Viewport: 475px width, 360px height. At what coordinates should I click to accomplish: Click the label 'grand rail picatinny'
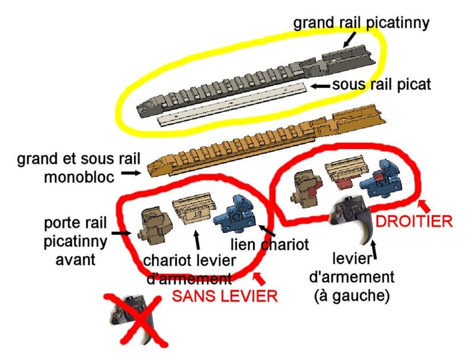[361, 24]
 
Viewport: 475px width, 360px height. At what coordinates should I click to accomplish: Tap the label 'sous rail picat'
[382, 85]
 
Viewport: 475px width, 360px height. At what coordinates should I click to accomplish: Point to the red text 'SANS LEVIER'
[225, 296]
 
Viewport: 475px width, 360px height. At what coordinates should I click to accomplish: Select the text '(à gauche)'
[352, 296]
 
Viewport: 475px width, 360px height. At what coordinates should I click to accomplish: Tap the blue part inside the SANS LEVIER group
[237, 215]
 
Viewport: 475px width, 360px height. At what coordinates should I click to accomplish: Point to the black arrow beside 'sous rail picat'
[320, 87]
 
